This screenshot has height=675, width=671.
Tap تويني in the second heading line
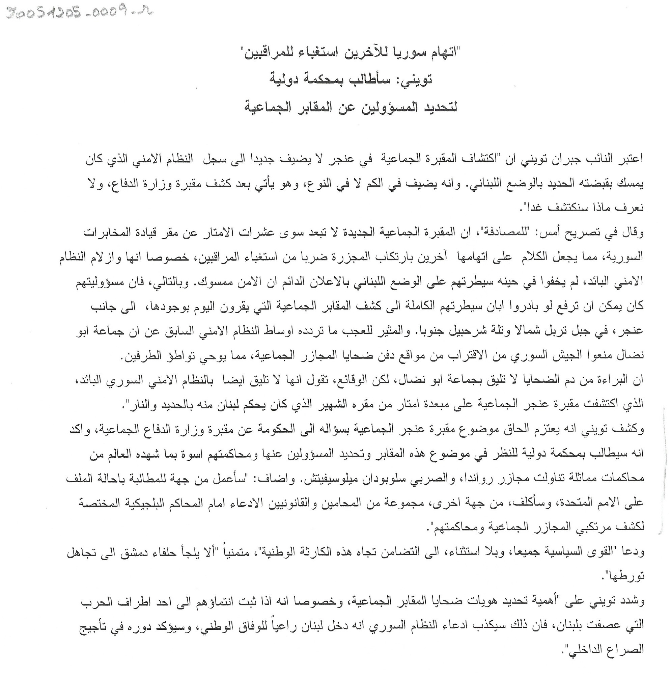click(416, 80)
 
